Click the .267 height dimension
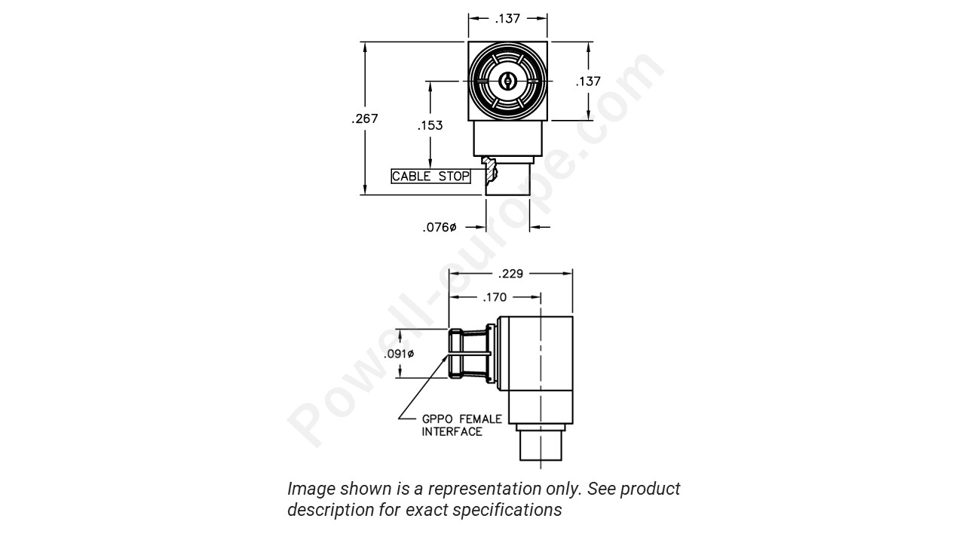[365, 118]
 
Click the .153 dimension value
[430, 125]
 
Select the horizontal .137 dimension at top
[507, 19]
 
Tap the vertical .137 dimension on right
[588, 81]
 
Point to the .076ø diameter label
[440, 227]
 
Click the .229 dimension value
[510, 274]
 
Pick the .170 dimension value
[495, 297]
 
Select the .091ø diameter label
[400, 354]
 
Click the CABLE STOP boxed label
[430, 176]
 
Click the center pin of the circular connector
[507, 81]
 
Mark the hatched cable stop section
[491, 170]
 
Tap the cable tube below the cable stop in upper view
[507, 180]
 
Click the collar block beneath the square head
[507, 139]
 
